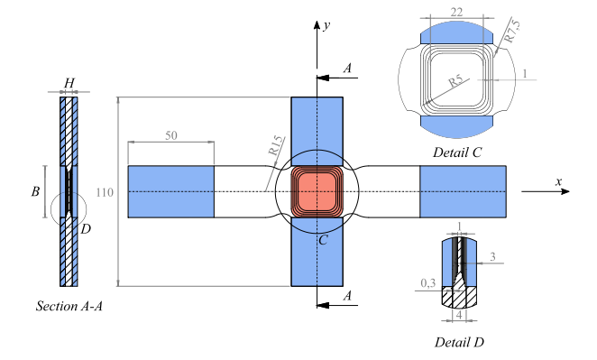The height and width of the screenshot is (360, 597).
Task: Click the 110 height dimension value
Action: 105,192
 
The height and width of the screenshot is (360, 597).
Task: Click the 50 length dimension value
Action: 171,135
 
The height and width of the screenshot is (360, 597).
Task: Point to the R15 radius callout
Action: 276,145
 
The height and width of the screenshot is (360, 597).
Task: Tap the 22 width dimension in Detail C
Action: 456,13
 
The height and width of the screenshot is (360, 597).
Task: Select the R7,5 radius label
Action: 511,32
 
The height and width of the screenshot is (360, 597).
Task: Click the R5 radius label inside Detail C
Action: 455,81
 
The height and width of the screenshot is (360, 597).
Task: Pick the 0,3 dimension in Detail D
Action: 428,283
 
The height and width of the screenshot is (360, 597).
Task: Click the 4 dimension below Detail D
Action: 459,316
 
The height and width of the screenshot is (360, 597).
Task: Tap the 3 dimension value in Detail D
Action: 492,257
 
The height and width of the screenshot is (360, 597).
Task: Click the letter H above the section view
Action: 69,83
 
